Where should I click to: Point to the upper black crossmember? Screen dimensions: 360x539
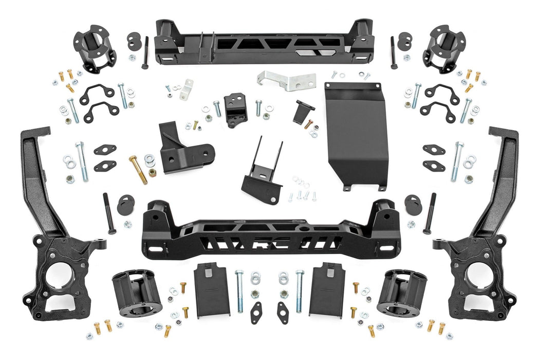click(x=264, y=44)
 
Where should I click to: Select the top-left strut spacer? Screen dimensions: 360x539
click(x=94, y=48)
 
